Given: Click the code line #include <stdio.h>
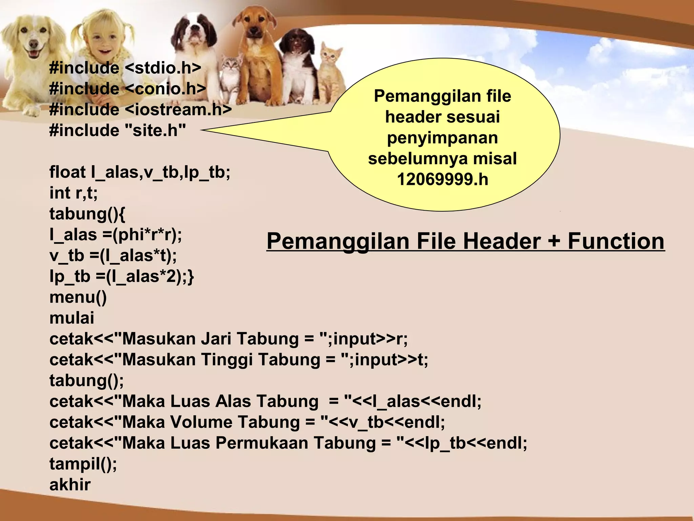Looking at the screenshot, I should (x=125, y=68).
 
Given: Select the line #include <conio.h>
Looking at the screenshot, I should (x=127, y=89).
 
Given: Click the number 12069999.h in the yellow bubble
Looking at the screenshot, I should (x=443, y=179).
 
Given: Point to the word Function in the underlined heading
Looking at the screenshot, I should (x=616, y=241).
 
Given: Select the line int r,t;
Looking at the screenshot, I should (x=74, y=193).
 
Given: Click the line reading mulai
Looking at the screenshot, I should (x=72, y=318).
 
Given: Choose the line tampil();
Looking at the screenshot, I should (x=83, y=464).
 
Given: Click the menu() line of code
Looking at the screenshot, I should (x=78, y=297).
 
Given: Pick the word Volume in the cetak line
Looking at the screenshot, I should (x=201, y=422).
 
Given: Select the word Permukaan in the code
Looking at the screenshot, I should (x=262, y=443).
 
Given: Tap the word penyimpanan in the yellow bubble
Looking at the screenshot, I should (x=442, y=138).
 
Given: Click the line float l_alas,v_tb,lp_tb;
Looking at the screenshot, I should (x=140, y=172).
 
